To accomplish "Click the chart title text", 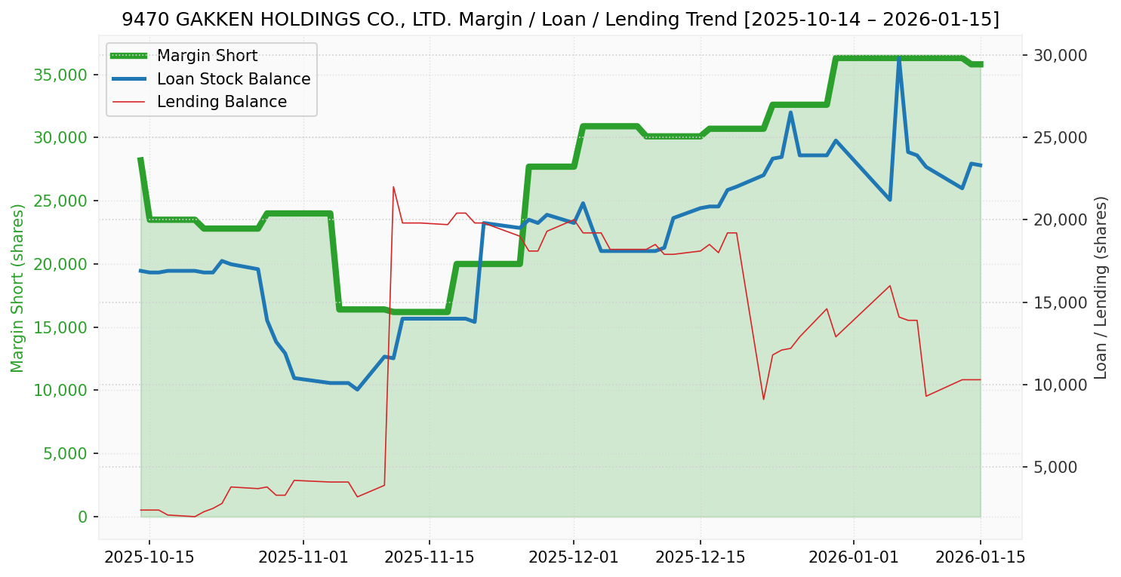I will tap(560, 20).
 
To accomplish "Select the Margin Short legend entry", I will tap(207, 56).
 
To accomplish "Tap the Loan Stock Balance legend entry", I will tap(233, 79).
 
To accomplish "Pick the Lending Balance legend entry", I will tap(221, 102).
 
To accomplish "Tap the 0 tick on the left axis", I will tap(82, 517).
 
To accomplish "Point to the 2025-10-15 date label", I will tap(149, 557).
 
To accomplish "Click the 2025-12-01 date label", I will tap(573, 557).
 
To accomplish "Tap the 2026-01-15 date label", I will tap(981, 557).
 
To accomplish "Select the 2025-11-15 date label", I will tap(429, 557).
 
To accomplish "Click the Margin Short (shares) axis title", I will tap(17, 288).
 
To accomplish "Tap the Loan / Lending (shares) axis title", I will tap(1101, 287).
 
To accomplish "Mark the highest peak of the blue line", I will tap(899, 57).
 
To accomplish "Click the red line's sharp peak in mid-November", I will tap(393, 186).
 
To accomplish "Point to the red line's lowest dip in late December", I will tap(763, 399).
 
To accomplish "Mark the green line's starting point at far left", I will tap(140, 159).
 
